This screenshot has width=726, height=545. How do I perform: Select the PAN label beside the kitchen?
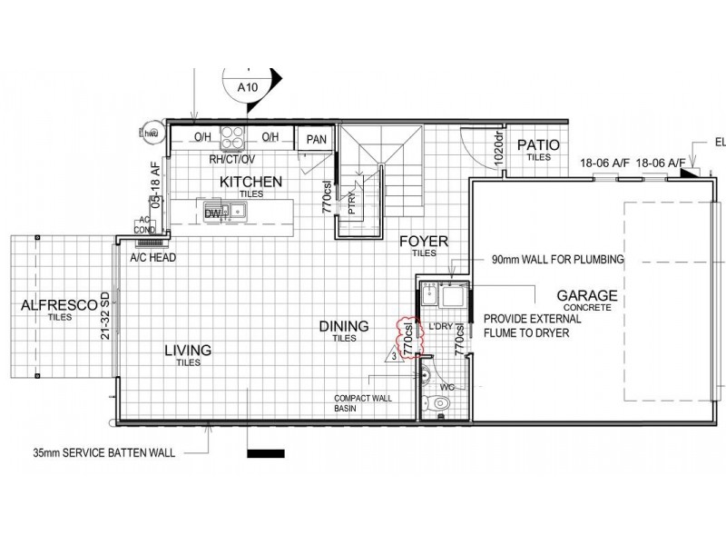click(x=316, y=139)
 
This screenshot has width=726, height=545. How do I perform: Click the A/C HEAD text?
click(x=152, y=258)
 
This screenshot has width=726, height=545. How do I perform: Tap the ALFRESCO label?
click(x=59, y=306)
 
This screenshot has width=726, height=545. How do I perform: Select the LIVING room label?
click(x=188, y=350)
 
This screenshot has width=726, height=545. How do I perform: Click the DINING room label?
click(x=343, y=326)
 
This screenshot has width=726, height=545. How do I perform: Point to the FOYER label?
click(x=423, y=242)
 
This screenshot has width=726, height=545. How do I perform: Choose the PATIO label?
click(x=538, y=145)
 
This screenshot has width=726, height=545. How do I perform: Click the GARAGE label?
click(x=587, y=296)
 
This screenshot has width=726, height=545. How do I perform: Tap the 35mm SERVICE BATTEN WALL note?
click(x=103, y=451)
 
